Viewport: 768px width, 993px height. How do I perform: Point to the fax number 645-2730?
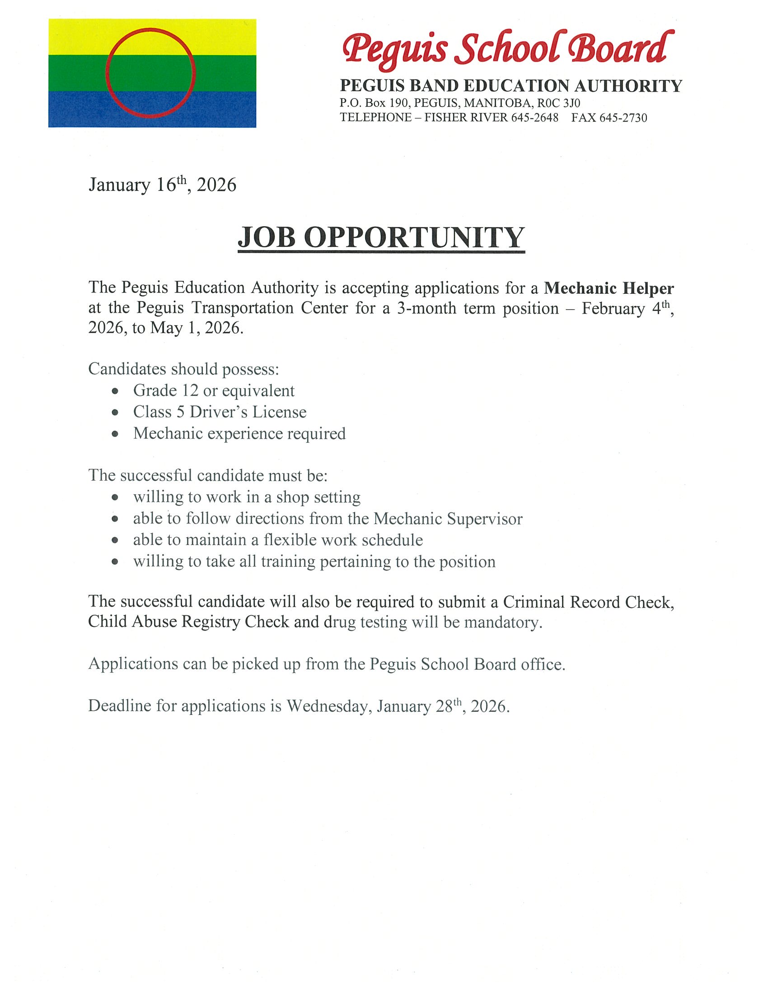[623, 118]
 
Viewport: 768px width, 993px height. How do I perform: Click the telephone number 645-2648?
[534, 118]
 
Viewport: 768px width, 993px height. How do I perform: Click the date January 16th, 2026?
[163, 185]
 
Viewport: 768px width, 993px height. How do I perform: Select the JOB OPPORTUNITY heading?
[381, 237]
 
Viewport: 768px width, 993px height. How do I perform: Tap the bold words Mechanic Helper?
[609, 288]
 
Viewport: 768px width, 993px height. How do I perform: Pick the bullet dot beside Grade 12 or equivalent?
[116, 391]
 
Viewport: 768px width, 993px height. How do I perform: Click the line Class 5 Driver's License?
[220, 412]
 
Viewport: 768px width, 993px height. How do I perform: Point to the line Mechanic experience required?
[239, 433]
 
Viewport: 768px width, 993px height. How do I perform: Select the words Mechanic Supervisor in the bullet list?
[448, 518]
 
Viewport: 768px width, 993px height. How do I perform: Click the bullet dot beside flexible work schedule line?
[116, 540]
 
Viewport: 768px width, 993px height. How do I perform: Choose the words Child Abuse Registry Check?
[188, 622]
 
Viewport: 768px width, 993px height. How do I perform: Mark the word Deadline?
[120, 705]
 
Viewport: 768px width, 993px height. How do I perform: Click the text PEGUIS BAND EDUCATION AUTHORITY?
[511, 85]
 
